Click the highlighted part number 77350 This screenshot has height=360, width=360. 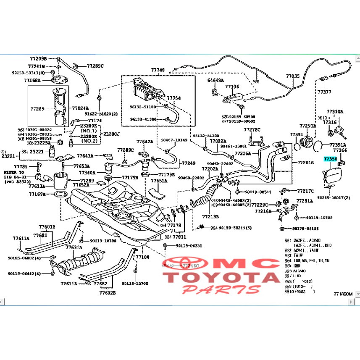click(x=330, y=159)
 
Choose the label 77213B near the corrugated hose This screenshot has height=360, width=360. click(x=210, y=217)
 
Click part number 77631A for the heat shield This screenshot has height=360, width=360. click(x=74, y=247)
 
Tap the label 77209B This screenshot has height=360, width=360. click(x=38, y=59)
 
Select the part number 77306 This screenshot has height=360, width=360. click(x=232, y=87)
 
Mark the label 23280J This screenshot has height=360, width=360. click(x=112, y=134)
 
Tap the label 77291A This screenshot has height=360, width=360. click(x=307, y=126)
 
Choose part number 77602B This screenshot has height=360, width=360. click(x=108, y=293)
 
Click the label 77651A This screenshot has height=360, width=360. click(x=159, y=181)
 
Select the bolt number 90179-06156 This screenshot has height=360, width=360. click(x=305, y=229)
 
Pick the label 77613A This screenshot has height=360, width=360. click(x=37, y=186)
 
